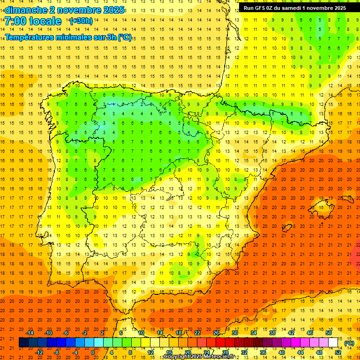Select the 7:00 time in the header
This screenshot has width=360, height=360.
[15, 21]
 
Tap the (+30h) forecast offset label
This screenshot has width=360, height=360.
[81, 21]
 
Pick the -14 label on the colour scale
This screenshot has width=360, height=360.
[30, 333]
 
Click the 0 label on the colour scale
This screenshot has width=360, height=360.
[93, 352]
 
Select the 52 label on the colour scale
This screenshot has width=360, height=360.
[338, 352]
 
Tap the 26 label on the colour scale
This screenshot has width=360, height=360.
[216, 333]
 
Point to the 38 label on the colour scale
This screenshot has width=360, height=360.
[272, 333]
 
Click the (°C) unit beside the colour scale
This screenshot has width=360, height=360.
[349, 343]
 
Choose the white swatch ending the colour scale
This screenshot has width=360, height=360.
[333, 343]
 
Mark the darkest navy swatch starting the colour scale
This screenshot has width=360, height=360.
[23, 343]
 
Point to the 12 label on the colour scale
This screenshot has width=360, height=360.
[151, 352]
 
